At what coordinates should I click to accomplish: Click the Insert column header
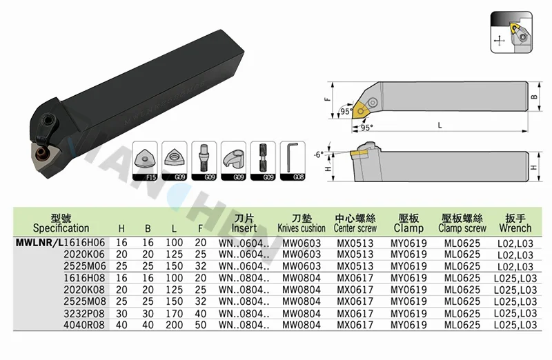[x=244, y=223]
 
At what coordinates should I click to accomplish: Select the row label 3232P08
[x=84, y=313]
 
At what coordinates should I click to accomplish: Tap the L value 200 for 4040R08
[x=175, y=325]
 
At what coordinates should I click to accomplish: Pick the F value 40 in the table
[x=201, y=313]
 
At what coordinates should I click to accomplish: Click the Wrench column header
[x=515, y=223]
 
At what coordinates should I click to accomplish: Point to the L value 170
[x=175, y=313]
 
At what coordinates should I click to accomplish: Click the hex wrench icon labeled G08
[x=293, y=161]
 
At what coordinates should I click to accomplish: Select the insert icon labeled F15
[x=145, y=161]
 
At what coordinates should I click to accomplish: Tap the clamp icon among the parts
[x=234, y=161]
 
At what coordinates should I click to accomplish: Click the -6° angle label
[x=319, y=154]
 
